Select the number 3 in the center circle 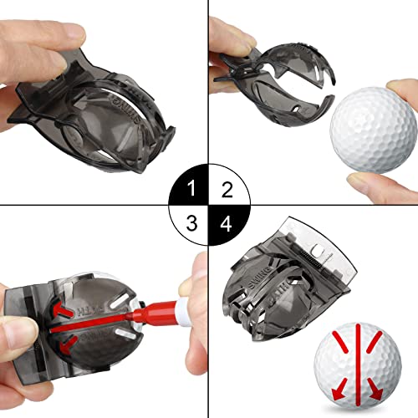[x=194, y=223]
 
